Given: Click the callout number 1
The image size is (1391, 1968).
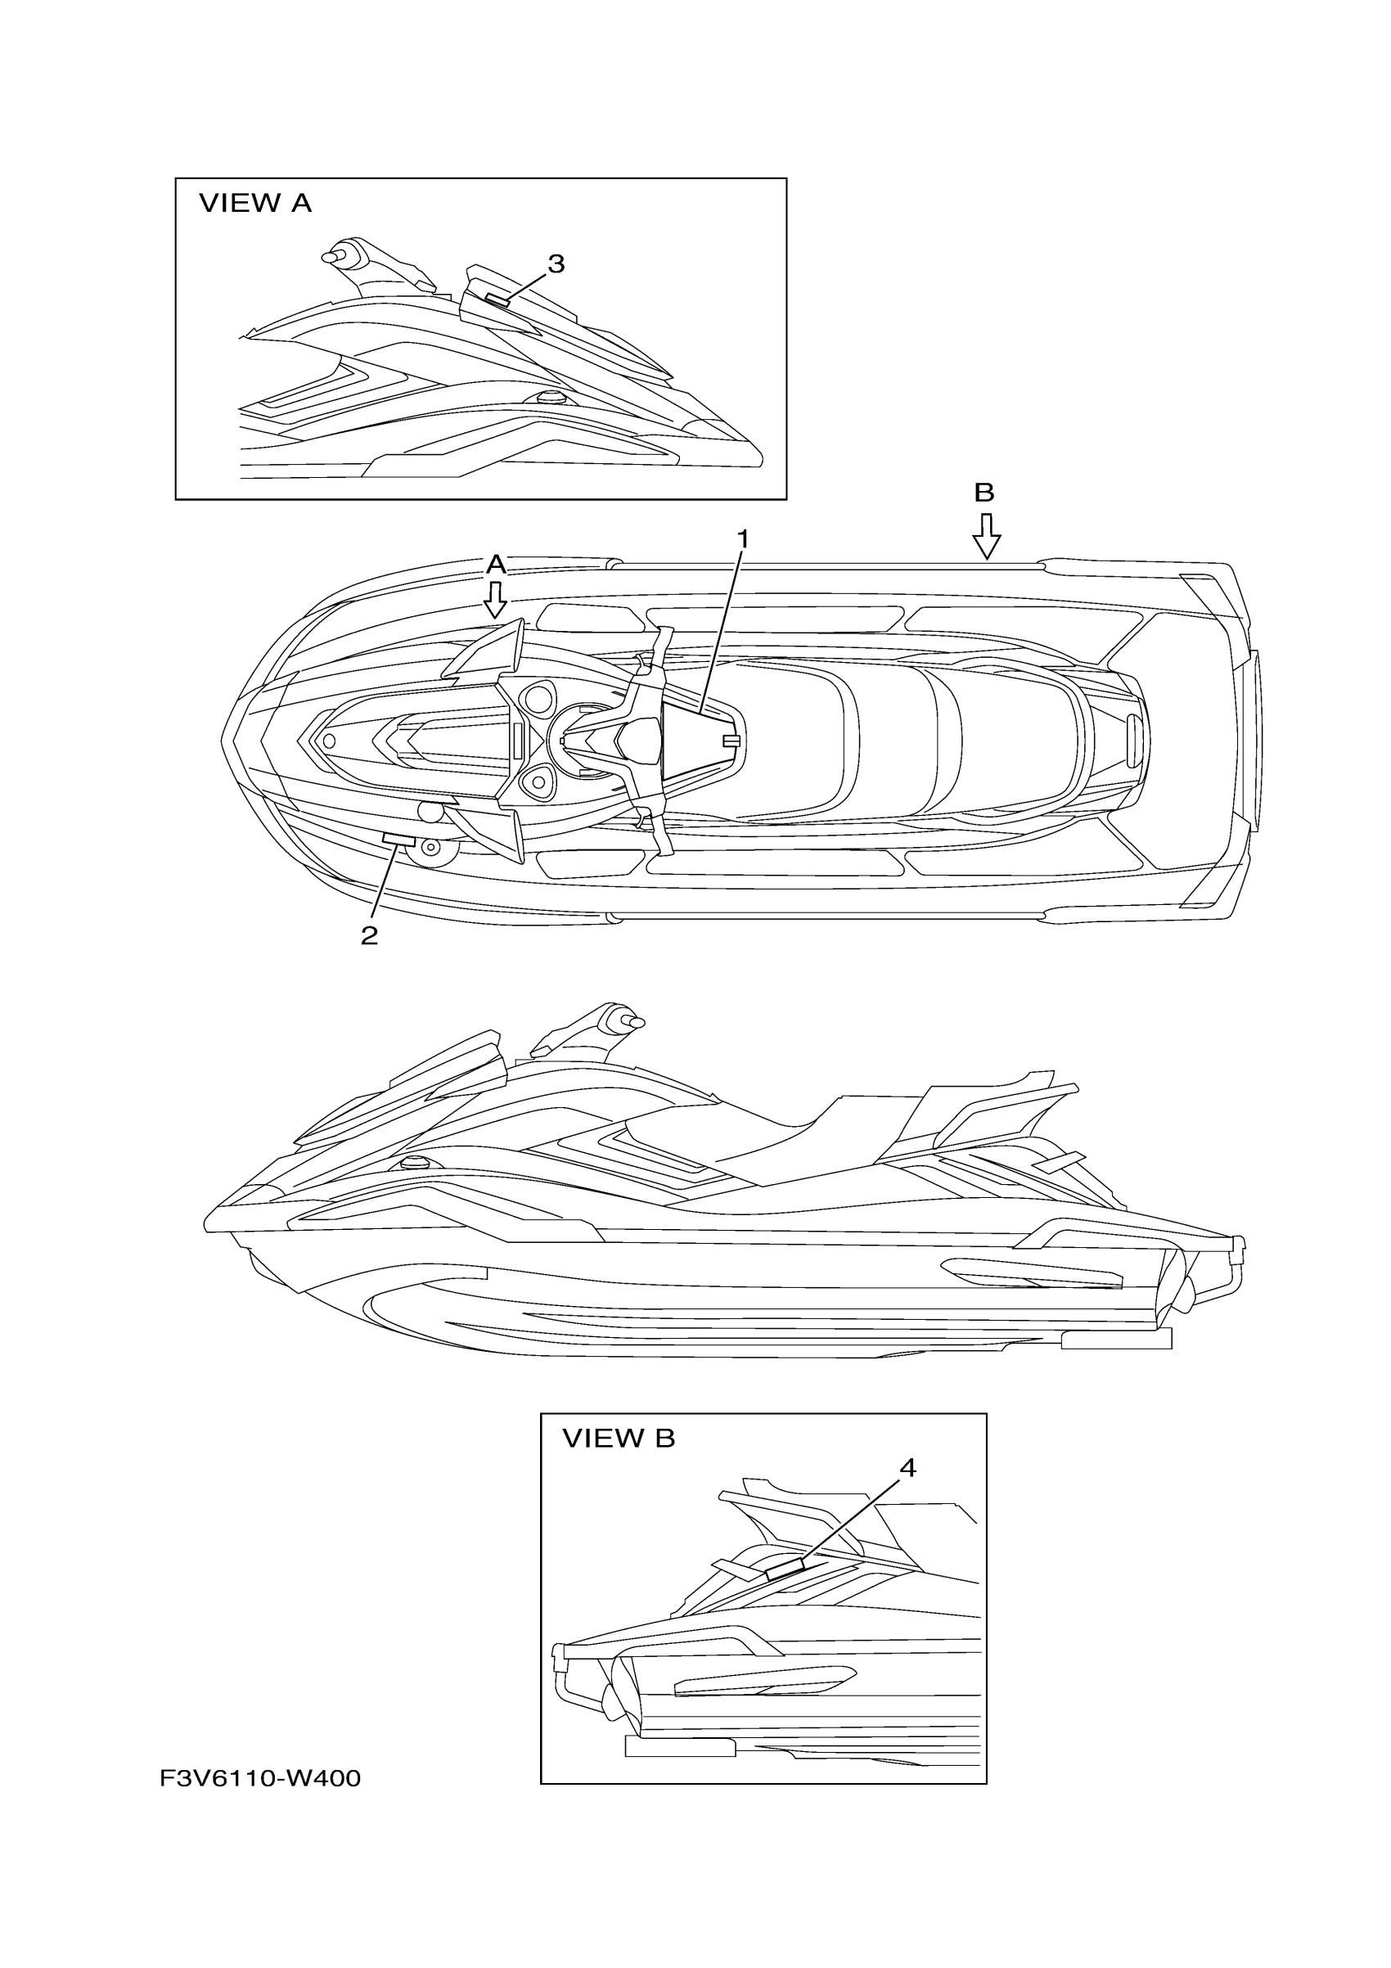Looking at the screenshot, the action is pos(742,539).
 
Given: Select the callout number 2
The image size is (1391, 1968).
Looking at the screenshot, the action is pos(368,935).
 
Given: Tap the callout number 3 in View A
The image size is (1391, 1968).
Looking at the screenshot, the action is pos(556,264).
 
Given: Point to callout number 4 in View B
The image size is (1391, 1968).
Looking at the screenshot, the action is pos(907,1468).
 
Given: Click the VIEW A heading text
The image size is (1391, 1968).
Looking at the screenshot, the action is pos(254,203).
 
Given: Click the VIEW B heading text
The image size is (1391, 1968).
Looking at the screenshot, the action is pos(618,1439).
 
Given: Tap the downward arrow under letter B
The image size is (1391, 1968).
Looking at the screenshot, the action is pos(987,537).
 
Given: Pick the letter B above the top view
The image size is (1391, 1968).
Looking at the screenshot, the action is pos(984,493).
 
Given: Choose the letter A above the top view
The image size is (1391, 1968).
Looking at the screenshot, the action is pos(495,564).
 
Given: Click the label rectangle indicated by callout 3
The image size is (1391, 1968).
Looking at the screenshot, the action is pos(497,299).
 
